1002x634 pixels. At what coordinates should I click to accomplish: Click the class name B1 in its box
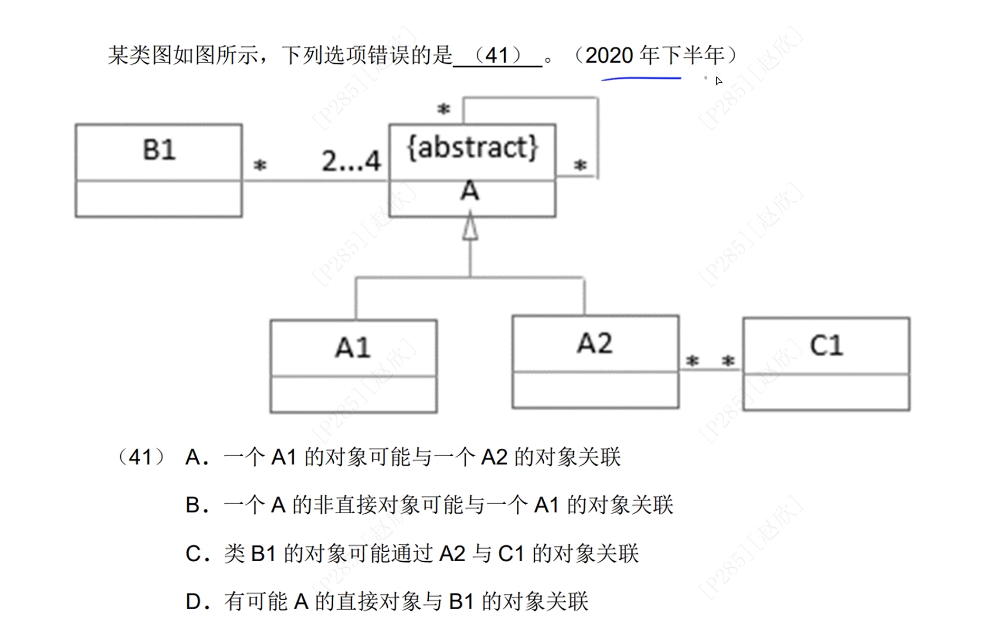click(159, 150)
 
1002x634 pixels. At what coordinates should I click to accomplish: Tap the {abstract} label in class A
click(473, 147)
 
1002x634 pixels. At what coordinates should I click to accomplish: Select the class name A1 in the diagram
click(353, 348)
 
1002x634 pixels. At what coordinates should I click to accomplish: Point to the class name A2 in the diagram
click(595, 343)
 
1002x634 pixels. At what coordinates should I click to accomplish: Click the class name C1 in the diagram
click(826, 345)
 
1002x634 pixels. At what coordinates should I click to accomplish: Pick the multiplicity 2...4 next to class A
click(351, 161)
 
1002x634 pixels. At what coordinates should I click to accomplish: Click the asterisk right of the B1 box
click(260, 166)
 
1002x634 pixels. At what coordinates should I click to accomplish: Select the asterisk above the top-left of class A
click(444, 109)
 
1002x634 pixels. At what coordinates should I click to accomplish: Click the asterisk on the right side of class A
click(580, 166)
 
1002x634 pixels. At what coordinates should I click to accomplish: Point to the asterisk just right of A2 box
click(692, 361)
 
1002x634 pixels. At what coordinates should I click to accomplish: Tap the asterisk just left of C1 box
click(728, 361)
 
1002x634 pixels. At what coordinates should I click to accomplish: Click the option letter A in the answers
click(193, 457)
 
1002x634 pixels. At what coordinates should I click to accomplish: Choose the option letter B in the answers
click(193, 505)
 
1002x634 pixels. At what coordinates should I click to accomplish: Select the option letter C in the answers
click(193, 554)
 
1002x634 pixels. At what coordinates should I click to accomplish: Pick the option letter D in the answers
click(193, 602)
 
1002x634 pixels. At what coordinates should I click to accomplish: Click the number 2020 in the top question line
click(609, 55)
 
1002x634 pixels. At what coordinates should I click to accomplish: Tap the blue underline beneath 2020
click(641, 79)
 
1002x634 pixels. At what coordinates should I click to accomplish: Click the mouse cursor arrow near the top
click(718, 81)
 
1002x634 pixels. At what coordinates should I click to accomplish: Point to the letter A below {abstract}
click(469, 191)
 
